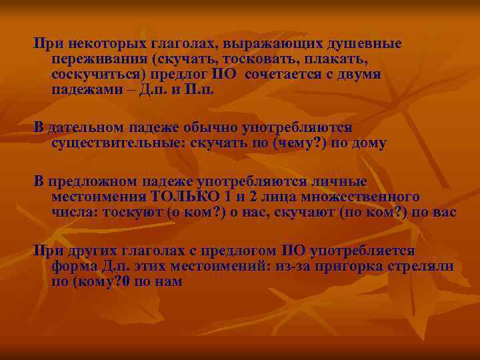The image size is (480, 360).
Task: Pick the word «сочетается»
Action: click(x=287, y=74)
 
